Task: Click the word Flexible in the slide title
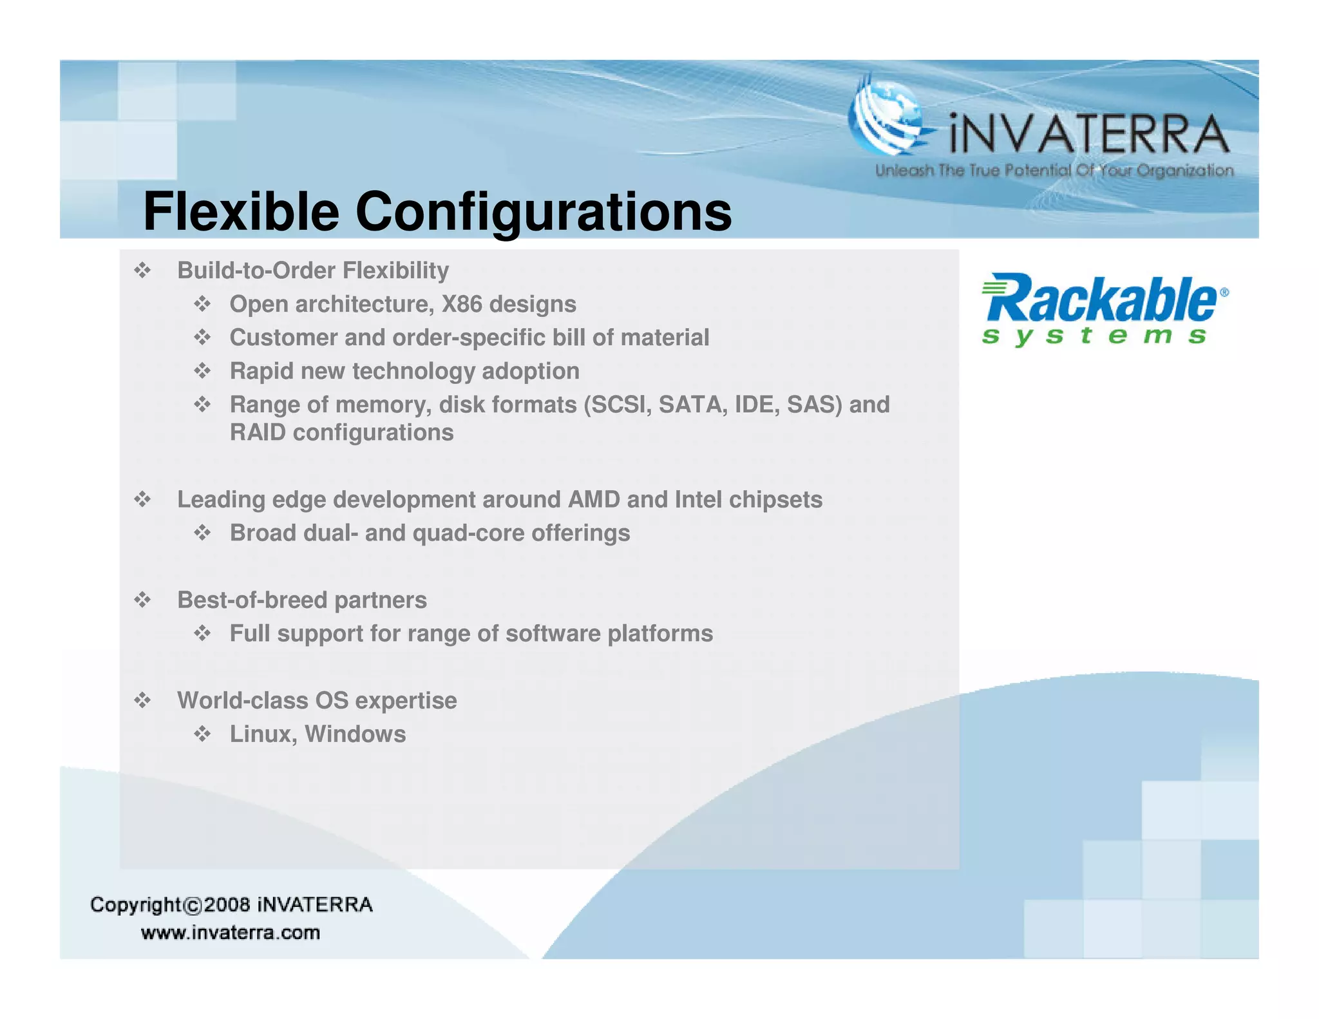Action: [241, 212]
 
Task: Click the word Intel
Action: [698, 500]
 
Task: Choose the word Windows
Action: [355, 734]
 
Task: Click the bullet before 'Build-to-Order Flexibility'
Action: [142, 271]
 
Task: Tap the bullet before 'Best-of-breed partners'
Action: [142, 600]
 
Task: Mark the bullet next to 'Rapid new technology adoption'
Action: [202, 371]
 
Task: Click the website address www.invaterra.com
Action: [231, 933]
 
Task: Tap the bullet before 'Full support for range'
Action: [202, 634]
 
